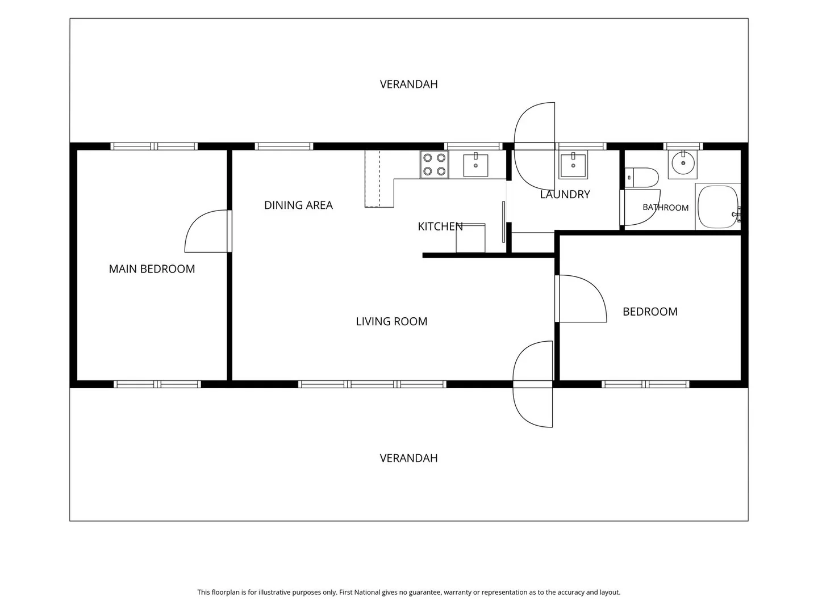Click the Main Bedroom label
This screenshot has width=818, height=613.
[152, 268]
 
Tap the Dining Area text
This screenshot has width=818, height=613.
[298, 205]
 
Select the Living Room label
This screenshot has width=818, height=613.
[391, 321]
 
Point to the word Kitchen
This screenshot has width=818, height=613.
[440, 226]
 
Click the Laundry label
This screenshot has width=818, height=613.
[565, 194]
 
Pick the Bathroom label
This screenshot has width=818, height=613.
[666, 208]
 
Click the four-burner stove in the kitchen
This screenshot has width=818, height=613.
[434, 165]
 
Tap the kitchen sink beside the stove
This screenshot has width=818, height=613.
[475, 165]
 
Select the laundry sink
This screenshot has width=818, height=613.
[573, 165]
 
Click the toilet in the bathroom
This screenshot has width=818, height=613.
[641, 178]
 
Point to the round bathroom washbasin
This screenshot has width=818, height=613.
[683, 164]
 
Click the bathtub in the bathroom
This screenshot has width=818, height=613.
[718, 207]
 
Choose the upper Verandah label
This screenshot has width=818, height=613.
[408, 85]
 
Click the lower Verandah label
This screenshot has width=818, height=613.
[408, 458]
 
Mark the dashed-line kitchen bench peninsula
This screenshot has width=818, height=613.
[379, 179]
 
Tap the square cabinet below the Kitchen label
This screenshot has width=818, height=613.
[471, 238]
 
